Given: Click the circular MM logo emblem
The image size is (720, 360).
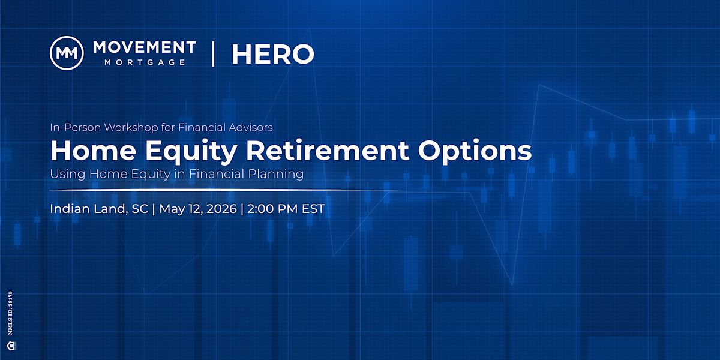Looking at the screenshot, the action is (67, 53).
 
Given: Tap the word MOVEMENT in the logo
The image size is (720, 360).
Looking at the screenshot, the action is (145, 47).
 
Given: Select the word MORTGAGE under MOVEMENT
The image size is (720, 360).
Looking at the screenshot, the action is (145, 62).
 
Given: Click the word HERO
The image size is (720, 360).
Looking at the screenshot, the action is (273, 54).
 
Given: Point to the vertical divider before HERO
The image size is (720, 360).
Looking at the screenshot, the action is (213, 53).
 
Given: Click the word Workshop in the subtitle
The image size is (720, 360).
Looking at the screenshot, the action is (131, 128).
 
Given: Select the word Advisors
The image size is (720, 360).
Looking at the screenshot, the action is (250, 127).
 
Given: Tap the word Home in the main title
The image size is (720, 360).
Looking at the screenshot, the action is (93, 151).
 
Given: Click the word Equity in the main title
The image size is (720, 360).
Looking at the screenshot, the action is (191, 151).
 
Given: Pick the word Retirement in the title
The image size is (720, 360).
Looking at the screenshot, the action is (328, 151).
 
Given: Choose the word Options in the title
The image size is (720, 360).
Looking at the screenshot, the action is (475, 151).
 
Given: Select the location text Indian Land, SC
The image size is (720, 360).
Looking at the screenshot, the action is (99, 209).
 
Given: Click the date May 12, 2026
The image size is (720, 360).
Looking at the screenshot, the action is (197, 209).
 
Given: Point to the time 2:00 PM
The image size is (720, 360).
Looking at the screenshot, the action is (272, 209).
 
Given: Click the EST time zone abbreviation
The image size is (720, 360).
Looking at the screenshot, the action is (313, 209).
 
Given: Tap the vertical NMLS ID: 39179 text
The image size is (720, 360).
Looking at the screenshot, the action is (10, 313).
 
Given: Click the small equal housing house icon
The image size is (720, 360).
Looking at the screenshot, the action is (11, 346).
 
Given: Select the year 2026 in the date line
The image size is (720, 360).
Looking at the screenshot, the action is (221, 209).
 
